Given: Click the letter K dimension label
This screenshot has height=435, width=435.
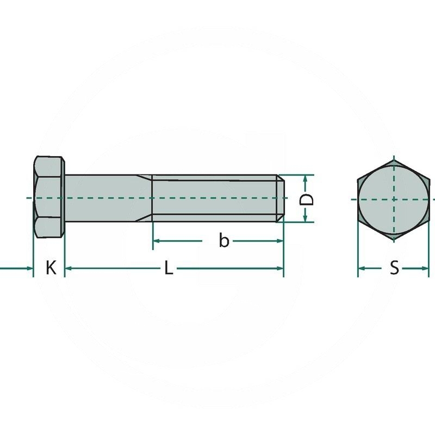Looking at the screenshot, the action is pyautogui.click(x=51, y=268).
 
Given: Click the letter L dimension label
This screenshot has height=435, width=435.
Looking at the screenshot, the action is pyautogui.click(x=169, y=268).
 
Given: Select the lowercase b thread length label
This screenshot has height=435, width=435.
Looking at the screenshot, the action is pyautogui.click(x=224, y=240).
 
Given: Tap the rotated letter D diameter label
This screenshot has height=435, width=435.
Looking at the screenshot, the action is pyautogui.click(x=306, y=200).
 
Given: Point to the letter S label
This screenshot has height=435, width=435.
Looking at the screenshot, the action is pyautogui.click(x=394, y=268).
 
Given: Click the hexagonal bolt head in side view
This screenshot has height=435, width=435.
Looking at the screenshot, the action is pyautogui.click(x=49, y=197).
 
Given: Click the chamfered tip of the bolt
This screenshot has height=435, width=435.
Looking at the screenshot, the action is pyautogui.click(x=280, y=198).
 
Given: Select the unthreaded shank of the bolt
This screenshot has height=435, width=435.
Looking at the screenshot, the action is pyautogui.click(x=108, y=198).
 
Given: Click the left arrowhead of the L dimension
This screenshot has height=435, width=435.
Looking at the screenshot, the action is pyautogui.click(x=68, y=268).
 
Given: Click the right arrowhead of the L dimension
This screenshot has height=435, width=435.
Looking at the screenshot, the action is pyautogui.click(x=280, y=268).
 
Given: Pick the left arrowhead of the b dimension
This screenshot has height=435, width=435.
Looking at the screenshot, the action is pyautogui.click(x=157, y=241).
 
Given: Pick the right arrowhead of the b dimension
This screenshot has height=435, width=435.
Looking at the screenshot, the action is pyautogui.click(x=279, y=241).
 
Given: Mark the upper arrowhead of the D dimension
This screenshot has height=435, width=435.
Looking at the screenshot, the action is pyautogui.click(x=306, y=178).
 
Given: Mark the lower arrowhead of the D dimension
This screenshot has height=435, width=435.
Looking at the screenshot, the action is pyautogui.click(x=306, y=219).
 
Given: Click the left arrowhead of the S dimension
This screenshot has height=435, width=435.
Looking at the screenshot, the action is pyautogui.click(x=362, y=268).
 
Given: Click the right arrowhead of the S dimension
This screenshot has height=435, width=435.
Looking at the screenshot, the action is pyautogui.click(x=425, y=268).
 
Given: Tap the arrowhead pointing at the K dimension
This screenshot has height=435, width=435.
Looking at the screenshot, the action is pyautogui.click(x=30, y=268).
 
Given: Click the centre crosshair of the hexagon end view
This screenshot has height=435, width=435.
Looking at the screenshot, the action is pyautogui.click(x=394, y=199).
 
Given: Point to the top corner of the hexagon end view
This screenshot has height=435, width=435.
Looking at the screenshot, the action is pyautogui.click(x=394, y=160).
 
